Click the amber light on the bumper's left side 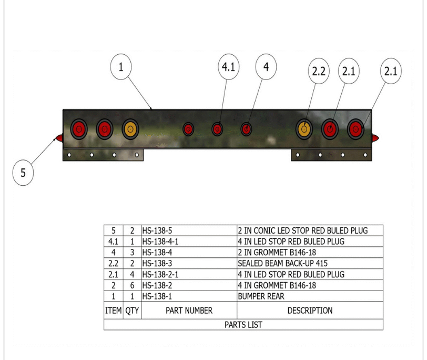tap(130, 129)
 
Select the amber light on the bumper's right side tap(304, 129)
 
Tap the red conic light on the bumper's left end tap(59, 138)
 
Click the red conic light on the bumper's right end tap(375, 138)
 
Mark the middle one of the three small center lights tap(217, 129)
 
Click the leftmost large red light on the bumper tap(79, 129)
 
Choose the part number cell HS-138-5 tap(189, 231)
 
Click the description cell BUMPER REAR tap(310, 296)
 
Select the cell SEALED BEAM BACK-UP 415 tap(310, 263)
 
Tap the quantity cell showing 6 tap(132, 285)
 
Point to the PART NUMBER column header tap(189, 311)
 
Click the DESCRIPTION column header tap(310, 311)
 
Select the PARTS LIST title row tap(243, 325)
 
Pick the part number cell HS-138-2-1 tap(189, 274)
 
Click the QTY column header tap(132, 311)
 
